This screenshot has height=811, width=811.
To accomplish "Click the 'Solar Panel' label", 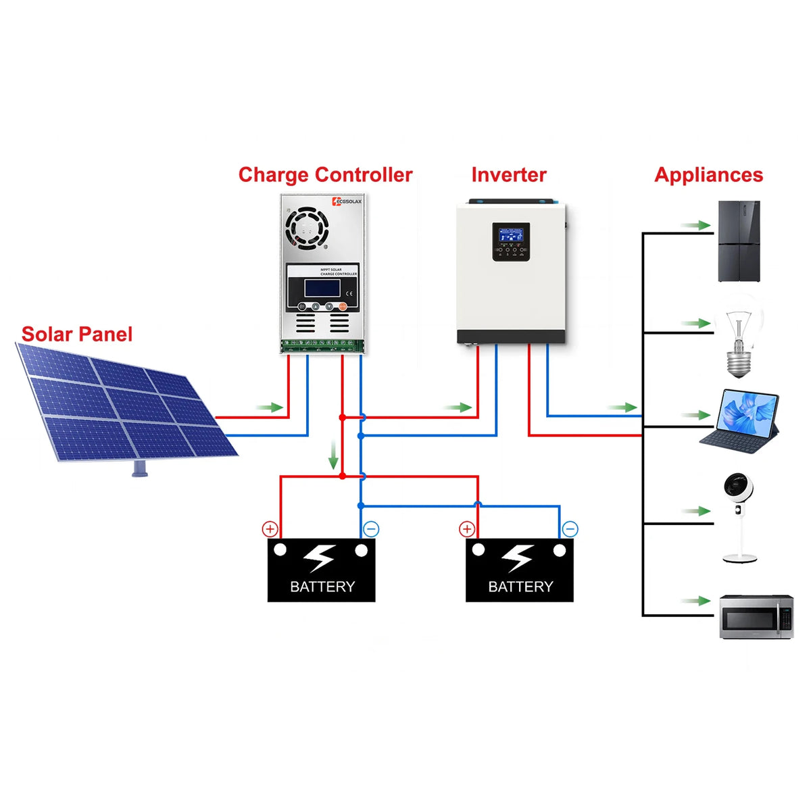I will (x=76, y=334).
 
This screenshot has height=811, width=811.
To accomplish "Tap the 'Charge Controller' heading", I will (x=325, y=175).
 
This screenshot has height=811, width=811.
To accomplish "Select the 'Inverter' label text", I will (x=508, y=175).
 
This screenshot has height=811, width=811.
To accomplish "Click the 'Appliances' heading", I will (x=708, y=175).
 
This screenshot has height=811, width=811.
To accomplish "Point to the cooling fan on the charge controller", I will (x=307, y=226).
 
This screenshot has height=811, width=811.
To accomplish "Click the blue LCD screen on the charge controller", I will (x=322, y=289).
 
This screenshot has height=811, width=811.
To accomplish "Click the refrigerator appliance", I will (x=739, y=241).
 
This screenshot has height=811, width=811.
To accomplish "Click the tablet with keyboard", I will (x=740, y=419).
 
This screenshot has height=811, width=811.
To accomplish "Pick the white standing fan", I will (x=738, y=517).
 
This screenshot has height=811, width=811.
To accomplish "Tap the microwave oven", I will (x=756, y=616).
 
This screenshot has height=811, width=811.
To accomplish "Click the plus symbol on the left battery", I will (x=270, y=529).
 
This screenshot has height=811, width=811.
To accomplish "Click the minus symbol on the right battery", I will (x=570, y=529).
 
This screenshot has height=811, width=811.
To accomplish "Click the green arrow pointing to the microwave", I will (x=695, y=601).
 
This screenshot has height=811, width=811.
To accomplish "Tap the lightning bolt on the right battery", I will (x=518, y=558).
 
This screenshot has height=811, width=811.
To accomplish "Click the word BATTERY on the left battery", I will (x=322, y=587).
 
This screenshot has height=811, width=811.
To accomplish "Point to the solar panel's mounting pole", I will (x=140, y=468).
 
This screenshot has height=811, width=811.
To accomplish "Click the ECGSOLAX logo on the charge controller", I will (x=347, y=201).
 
